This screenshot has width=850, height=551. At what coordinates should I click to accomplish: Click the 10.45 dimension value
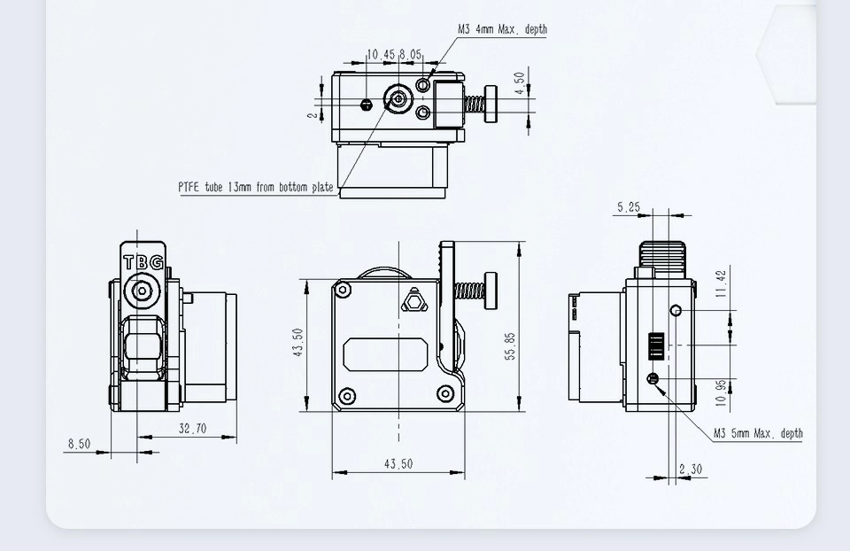point(381,54)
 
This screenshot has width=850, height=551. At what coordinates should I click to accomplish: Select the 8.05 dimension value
point(411,54)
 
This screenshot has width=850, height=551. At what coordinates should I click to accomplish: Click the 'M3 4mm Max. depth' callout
point(502,29)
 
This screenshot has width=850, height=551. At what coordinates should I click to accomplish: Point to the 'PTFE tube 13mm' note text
point(255,187)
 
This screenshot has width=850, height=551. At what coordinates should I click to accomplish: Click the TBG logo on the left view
point(143,263)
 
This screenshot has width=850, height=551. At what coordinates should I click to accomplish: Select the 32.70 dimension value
point(192,429)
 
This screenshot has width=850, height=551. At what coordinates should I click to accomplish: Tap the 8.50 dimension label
point(79,444)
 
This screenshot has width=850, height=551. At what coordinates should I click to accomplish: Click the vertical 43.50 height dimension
point(298,343)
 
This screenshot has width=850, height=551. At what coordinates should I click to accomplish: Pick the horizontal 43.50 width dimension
point(398,464)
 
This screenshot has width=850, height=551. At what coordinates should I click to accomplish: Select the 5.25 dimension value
point(628,207)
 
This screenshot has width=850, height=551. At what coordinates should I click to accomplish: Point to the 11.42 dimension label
point(721,283)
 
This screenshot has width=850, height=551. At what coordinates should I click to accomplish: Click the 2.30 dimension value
point(692,470)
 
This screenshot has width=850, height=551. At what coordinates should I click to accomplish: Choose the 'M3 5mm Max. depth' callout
point(758,433)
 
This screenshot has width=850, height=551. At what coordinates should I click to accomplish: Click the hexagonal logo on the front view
point(413,302)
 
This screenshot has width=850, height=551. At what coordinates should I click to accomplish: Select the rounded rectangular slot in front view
point(384,354)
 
